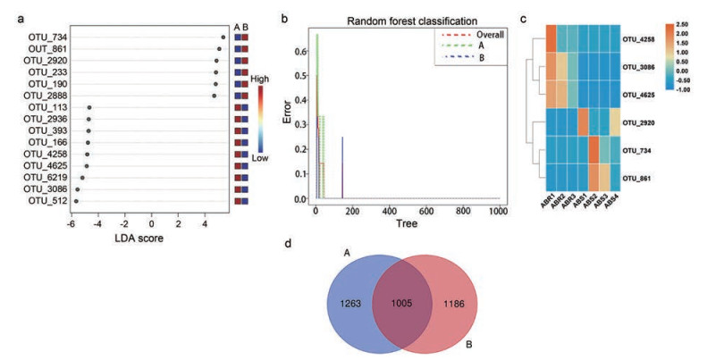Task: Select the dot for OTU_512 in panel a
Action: tap(76, 201)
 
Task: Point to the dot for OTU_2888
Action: tap(215, 95)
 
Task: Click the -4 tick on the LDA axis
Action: tap(97, 220)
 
